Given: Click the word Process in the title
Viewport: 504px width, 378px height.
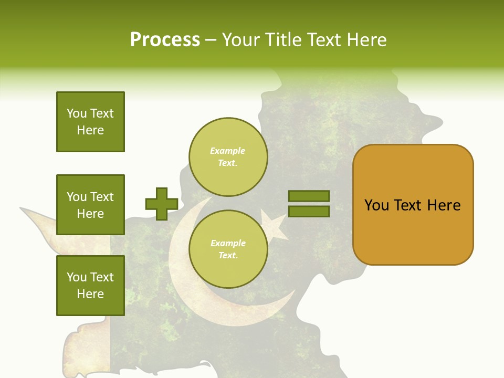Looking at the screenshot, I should click(165, 40).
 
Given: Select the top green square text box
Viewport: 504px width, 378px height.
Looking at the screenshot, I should click(90, 122).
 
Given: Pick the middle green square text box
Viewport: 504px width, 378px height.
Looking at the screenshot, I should click(90, 205).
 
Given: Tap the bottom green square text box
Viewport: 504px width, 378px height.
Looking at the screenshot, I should click(90, 286).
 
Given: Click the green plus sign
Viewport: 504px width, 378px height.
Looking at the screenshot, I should click(162, 204).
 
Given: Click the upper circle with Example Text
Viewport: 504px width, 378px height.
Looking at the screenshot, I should click(228, 157).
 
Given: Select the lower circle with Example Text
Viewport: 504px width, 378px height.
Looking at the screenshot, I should click(228, 249).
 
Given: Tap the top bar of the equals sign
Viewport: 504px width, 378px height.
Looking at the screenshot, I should click(309, 196).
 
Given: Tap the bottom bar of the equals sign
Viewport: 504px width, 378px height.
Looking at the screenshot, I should click(309, 212).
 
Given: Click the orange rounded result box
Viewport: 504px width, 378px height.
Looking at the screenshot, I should click(413, 205).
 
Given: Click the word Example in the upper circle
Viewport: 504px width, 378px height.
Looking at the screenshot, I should click(228, 151).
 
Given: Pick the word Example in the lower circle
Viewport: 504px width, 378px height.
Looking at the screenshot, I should click(228, 243).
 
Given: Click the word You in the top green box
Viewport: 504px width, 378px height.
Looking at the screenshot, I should click(77, 113).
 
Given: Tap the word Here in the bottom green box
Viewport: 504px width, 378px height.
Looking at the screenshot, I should click(90, 294).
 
